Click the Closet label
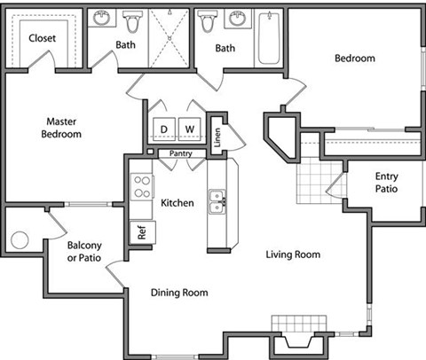click(43, 38)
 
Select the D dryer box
click(163, 129)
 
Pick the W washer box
click(190, 129)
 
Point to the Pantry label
click(181, 153)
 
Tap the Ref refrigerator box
click(141, 231)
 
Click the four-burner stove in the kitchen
click(141, 186)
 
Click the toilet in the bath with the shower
click(133, 21)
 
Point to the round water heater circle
click(20, 240)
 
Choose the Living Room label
click(293, 255)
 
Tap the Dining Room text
click(178, 293)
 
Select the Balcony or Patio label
click(83, 252)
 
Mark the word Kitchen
click(177, 203)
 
